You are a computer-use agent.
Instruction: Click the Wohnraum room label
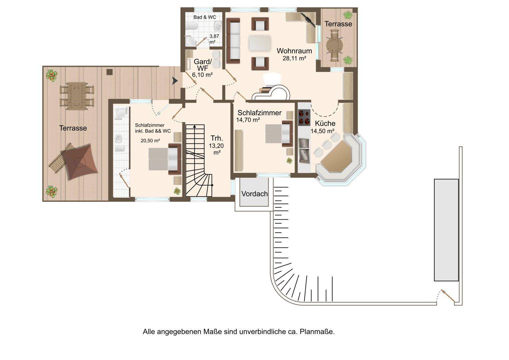click(294, 51)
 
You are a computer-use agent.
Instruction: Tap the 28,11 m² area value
click(294, 58)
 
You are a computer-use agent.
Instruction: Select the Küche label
click(325, 123)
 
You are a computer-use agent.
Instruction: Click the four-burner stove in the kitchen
click(304, 117)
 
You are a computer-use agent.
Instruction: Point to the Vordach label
click(255, 194)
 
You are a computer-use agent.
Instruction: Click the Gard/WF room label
click(203, 65)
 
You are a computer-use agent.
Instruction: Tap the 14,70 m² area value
click(248, 120)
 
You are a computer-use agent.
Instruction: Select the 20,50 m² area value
click(150, 141)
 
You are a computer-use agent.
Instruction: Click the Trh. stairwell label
click(217, 138)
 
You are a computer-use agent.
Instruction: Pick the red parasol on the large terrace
click(80, 162)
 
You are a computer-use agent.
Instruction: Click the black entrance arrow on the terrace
click(175, 81)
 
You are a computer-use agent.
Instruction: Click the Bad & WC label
click(205, 17)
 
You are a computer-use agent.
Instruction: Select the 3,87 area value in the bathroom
click(214, 36)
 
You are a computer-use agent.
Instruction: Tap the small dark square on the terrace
click(110, 72)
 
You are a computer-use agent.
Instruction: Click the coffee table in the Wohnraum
click(260, 43)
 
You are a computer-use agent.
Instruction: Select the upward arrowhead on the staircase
click(195, 126)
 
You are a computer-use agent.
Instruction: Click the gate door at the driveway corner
click(448, 296)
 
